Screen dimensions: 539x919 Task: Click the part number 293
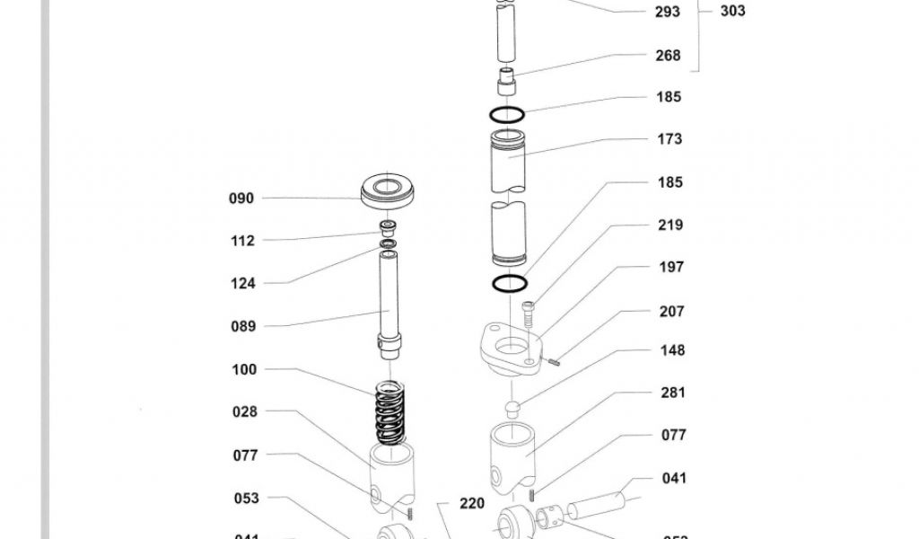coord(668,12)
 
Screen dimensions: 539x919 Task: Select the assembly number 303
coord(732,12)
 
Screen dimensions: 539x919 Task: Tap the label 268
coord(668,55)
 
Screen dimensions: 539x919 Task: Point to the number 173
coord(670,139)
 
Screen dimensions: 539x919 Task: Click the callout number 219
coord(670,225)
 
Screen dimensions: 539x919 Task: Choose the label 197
coord(670,267)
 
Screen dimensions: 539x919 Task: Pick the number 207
coord(671,312)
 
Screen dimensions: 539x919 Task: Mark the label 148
coord(672,350)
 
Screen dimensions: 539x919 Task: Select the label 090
coord(241,199)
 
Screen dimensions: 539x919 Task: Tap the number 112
coord(242,241)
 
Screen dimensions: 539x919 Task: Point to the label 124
coord(242,284)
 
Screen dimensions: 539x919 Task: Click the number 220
coord(472,504)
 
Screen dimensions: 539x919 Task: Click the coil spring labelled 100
coord(389,413)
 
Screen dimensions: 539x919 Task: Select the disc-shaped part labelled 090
coord(389,190)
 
